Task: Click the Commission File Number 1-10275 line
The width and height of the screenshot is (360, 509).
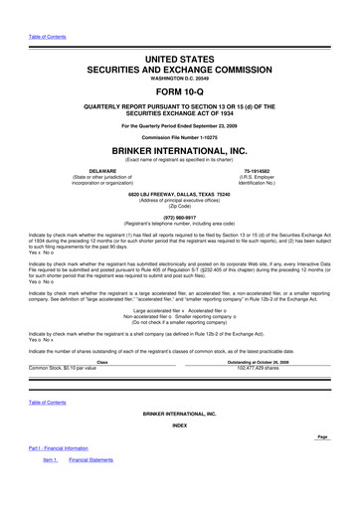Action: coord(180,134)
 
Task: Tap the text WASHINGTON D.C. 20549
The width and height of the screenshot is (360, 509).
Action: coord(180,69)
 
